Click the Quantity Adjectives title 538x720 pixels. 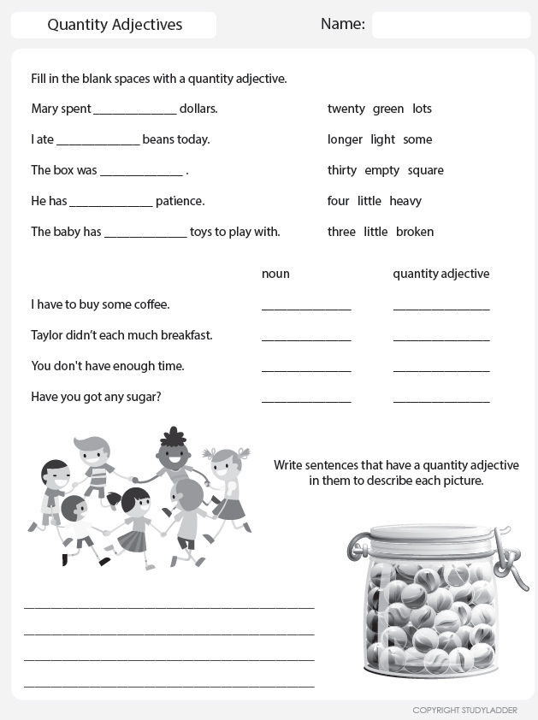pos(115,25)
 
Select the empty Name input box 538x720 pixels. pos(451,25)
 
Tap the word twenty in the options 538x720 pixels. pos(346,109)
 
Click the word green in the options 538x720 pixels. pos(388,109)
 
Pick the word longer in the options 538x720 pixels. pos(345,139)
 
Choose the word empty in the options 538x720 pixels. pos(381,170)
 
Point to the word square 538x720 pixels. pos(425,170)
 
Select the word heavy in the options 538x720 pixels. pos(405,201)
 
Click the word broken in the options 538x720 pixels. pos(415,232)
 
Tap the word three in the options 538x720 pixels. pos(341,232)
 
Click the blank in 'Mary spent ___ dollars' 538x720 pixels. pos(134,109)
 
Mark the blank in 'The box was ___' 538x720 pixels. pos(141,171)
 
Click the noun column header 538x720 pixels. pos(275,274)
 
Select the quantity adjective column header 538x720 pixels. pos(440,274)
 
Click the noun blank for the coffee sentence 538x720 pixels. pos(306,305)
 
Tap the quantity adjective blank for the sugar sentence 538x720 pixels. pos(441,398)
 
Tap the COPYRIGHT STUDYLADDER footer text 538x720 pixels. pos(464,711)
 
